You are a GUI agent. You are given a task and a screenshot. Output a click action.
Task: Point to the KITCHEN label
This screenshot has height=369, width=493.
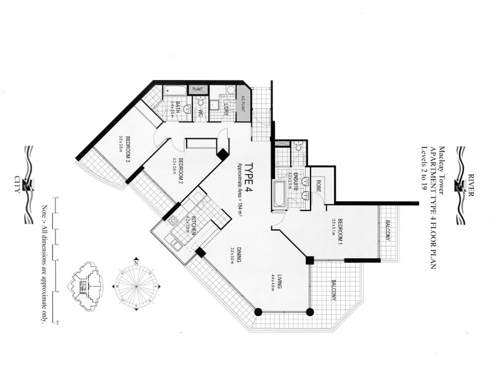tap(193, 226)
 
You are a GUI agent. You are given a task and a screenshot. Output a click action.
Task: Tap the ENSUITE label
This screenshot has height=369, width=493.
tap(296, 183)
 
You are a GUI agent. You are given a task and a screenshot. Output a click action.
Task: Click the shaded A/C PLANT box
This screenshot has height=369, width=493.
tap(243, 106)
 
